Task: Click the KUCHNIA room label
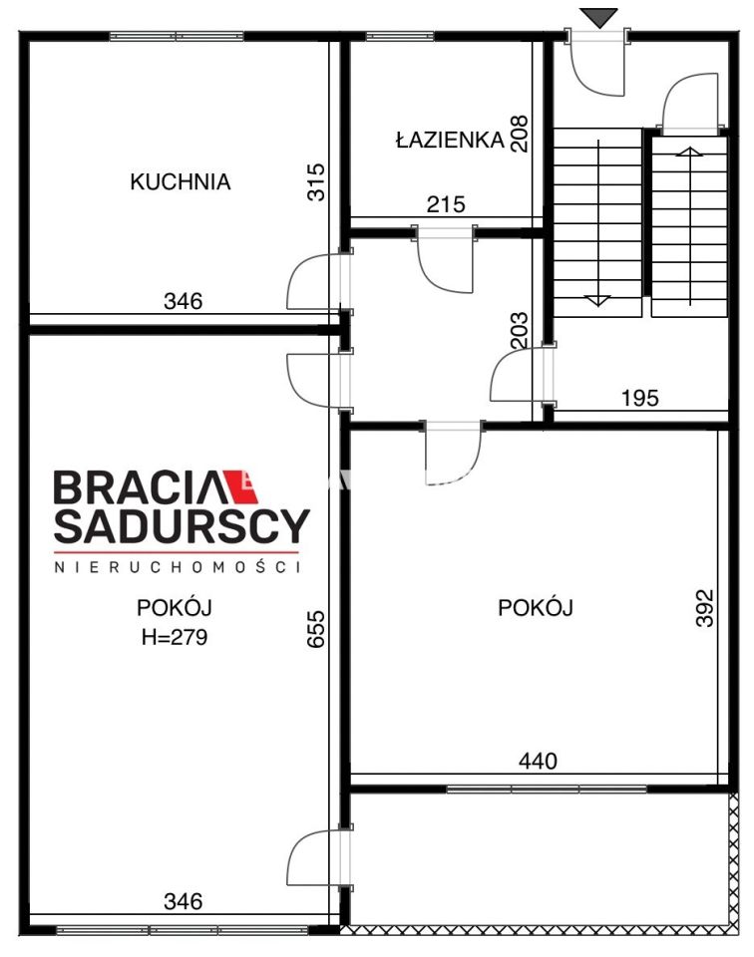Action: (x=181, y=182)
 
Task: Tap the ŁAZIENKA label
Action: (x=449, y=141)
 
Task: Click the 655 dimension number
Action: (x=317, y=631)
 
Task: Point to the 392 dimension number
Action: (x=704, y=607)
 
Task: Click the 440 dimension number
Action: (x=538, y=762)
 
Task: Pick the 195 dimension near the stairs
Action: (x=639, y=398)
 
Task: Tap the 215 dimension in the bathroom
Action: (x=446, y=205)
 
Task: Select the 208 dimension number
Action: (x=520, y=130)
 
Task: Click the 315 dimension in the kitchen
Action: (x=316, y=182)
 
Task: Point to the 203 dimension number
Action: (x=520, y=330)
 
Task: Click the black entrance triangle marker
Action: (x=599, y=17)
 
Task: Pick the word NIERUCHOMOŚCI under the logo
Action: (x=177, y=566)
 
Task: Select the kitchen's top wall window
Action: (x=177, y=37)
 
